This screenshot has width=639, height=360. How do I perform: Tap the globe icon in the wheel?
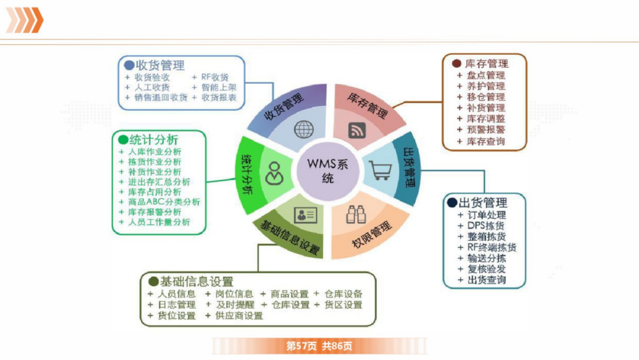304,128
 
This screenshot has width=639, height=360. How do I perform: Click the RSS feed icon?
357,130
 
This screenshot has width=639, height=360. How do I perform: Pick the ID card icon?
305,214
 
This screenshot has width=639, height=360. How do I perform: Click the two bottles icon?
356,214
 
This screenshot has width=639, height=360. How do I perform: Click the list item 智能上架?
219,87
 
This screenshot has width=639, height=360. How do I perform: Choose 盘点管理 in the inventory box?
486,75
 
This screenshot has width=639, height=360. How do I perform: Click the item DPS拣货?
486,226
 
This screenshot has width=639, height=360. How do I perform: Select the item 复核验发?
486,269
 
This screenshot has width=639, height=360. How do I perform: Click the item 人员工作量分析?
159,223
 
